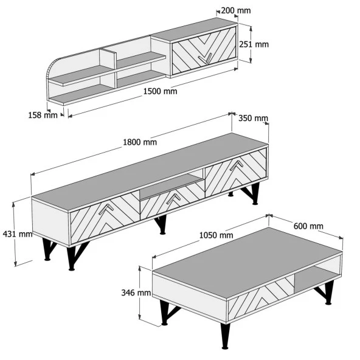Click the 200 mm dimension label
click(236, 10)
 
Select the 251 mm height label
click(254, 44)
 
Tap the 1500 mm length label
click(161, 91)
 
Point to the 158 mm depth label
click(43, 115)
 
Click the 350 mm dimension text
click(253, 118)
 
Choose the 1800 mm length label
click(140, 142)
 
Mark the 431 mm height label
click(18, 234)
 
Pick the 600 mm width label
click(308, 226)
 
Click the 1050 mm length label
click(216, 235)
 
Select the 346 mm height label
click(136, 292)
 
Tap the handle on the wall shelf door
click(206, 59)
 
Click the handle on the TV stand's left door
click(106, 209)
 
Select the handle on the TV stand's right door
click(237, 165)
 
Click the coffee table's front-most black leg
click(225, 336)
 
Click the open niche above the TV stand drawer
click(171, 186)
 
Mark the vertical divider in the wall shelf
click(108, 69)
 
